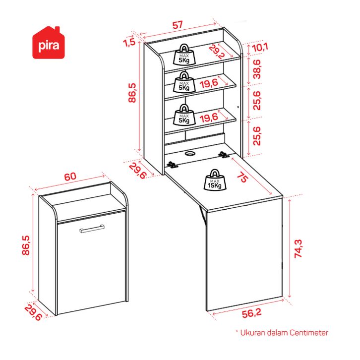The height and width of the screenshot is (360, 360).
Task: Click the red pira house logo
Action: [x=49, y=43]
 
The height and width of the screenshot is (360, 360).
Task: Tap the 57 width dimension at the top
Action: [x=178, y=25]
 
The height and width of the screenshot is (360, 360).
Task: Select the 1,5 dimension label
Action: [x=129, y=42]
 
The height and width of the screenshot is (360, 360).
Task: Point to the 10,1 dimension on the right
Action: [x=260, y=48]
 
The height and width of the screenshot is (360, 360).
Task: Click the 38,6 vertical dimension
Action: [x=257, y=69]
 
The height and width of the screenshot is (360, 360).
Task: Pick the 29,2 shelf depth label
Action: [x=216, y=52]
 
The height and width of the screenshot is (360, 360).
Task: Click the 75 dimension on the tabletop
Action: [x=242, y=177]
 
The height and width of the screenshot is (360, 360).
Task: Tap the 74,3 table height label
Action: [x=298, y=248]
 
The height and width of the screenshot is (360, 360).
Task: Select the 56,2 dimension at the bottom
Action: [x=251, y=313]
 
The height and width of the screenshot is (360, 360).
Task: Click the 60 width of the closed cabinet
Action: [x=70, y=177]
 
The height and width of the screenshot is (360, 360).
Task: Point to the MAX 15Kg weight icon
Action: [x=215, y=180]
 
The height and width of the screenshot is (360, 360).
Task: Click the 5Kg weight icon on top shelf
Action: [x=184, y=54]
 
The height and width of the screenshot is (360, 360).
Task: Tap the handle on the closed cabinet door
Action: [x=92, y=229]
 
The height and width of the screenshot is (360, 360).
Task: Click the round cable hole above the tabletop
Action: [x=190, y=153]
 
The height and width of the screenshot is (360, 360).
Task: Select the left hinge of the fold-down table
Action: [x=172, y=165]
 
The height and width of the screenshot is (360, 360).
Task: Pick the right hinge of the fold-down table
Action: [x=224, y=155]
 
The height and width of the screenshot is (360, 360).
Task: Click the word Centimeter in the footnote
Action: [x=309, y=333]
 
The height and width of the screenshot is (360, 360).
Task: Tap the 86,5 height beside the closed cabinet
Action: [x=26, y=245]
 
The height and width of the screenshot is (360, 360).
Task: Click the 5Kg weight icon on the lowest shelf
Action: [x=184, y=115]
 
